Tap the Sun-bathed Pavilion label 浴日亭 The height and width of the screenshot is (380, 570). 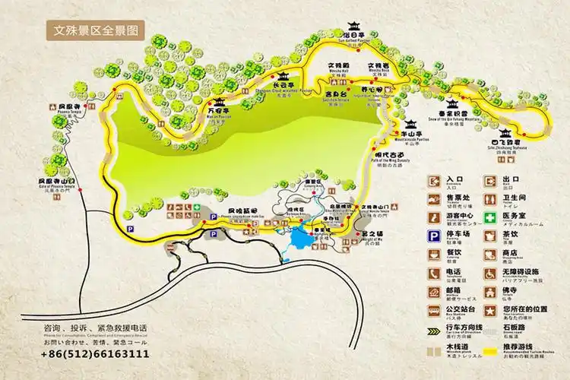click(x=353, y=36)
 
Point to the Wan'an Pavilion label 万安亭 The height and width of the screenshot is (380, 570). click(x=218, y=110)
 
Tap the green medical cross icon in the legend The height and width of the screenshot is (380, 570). click(x=489, y=217)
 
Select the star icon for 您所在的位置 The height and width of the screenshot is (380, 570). click(x=489, y=310)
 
